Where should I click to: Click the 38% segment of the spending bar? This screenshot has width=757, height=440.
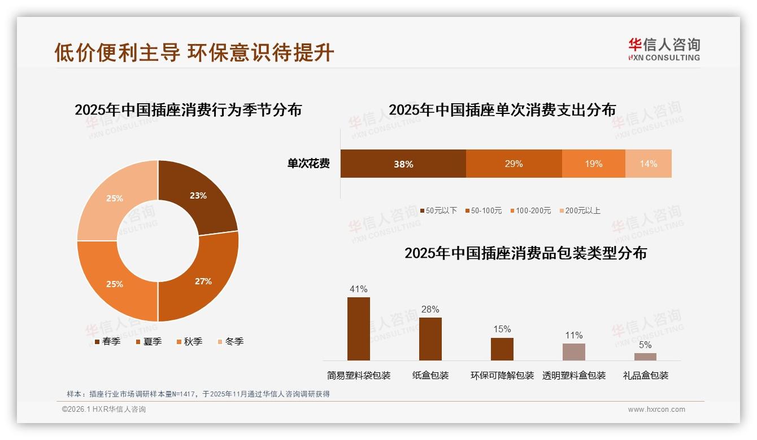403,164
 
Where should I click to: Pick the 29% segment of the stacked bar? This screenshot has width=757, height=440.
514,164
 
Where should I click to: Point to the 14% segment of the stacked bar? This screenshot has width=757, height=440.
648,164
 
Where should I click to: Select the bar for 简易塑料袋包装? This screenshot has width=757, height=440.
359,328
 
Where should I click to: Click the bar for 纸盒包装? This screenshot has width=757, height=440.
430,338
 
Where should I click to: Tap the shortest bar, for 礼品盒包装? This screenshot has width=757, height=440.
645,357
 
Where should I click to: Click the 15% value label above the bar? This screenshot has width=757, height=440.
502,329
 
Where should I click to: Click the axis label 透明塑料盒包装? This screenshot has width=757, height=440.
574,376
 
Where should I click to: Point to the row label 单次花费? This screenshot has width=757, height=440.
308,164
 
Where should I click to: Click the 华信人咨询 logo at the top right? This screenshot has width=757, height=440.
664,49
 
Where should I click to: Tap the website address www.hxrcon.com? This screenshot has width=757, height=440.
656,410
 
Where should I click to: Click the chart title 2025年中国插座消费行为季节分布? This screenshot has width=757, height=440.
188,109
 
